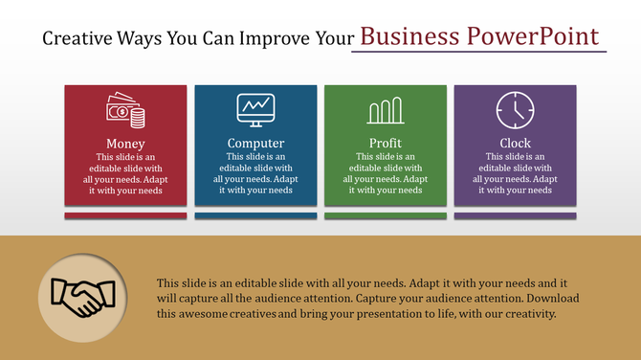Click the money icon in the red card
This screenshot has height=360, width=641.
[126, 111]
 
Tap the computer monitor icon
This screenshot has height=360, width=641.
[255, 111]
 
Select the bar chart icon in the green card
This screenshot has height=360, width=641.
[385, 111]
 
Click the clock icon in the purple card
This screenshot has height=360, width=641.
[515, 111]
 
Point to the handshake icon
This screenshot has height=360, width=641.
[83, 298]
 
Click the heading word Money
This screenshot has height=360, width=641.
[126, 144]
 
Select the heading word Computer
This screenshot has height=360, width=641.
[255, 144]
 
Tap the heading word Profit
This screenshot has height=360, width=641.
[385, 144]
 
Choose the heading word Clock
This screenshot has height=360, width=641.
[515, 144]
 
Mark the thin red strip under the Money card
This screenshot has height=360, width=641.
[126, 215]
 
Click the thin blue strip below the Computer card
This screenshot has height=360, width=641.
[255, 215]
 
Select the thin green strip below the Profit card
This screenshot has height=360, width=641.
[385, 215]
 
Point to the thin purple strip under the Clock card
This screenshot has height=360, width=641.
[515, 215]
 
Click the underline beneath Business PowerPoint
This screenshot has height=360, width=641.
[478, 52]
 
